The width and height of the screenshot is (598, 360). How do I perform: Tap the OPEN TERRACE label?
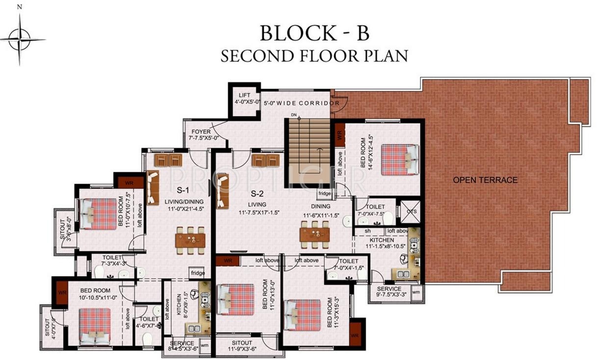(x=485, y=180)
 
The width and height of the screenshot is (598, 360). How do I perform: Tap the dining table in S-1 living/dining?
(x=190, y=240)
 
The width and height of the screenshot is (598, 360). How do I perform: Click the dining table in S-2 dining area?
(x=314, y=234)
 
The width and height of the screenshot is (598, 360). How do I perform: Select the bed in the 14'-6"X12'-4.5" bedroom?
(x=400, y=159)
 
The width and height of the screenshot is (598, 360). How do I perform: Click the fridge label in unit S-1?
(x=197, y=273)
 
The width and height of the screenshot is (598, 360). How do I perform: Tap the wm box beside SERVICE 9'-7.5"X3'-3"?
(x=416, y=292)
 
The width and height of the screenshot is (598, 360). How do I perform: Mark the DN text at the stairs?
(x=294, y=115)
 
